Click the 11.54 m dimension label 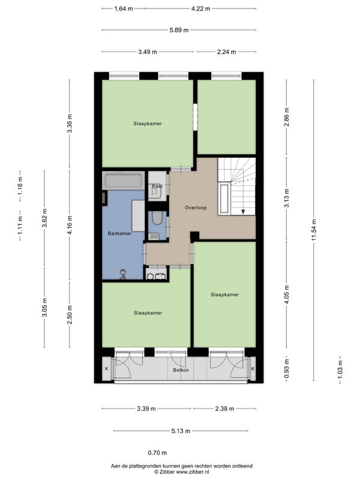[313, 230]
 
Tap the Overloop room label [196, 208]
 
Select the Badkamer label [119, 233]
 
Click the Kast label [157, 186]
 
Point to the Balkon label [181, 370]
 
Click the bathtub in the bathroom [124, 181]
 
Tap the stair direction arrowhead [243, 211]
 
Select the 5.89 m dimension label [179, 30]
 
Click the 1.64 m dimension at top [124, 8]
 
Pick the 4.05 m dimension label [287, 294]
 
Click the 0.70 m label [157, 453]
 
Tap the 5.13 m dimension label [181, 431]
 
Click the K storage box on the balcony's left [107, 369]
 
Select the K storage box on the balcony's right [253, 369]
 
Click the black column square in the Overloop [194, 236]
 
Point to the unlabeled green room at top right [227, 117]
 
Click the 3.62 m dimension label [44, 218]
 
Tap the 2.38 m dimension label [224, 409]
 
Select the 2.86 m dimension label [287, 117]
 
